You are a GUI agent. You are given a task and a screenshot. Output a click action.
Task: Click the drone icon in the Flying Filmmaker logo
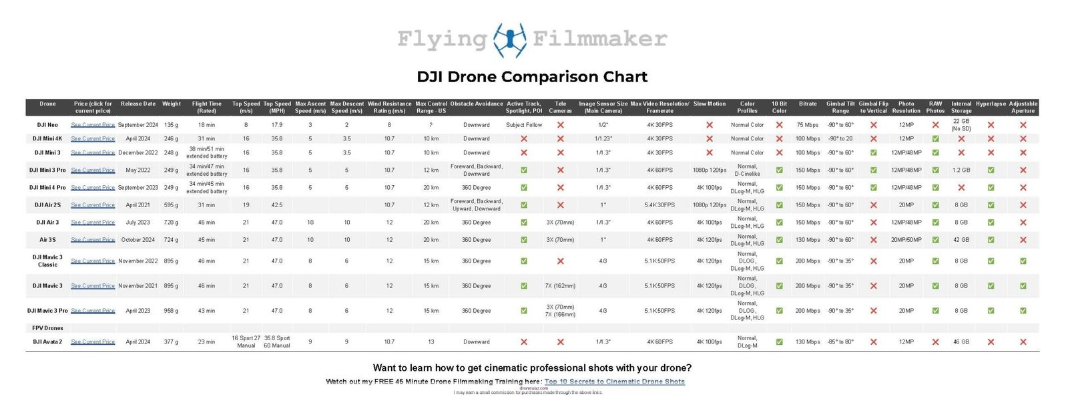pyautogui.click(x=509, y=39)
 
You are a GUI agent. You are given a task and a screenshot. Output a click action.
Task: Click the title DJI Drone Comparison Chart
pyautogui.click(x=532, y=77)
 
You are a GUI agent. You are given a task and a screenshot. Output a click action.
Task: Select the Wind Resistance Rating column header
pyautogui.click(x=389, y=107)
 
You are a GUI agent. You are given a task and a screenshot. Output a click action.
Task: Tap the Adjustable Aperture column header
pyautogui.click(x=1023, y=107)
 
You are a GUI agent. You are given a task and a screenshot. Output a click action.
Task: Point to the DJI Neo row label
pyautogui.click(x=47, y=125)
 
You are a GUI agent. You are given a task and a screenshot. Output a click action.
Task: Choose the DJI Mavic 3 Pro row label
pyautogui.click(x=47, y=311)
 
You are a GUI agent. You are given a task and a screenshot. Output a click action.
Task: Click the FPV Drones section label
pyautogui.click(x=47, y=328)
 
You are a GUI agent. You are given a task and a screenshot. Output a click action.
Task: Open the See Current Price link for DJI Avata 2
pyautogui.click(x=93, y=341)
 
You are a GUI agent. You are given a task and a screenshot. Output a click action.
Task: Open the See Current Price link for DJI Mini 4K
pyautogui.click(x=93, y=139)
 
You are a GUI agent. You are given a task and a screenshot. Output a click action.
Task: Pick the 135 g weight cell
pyautogui.click(x=172, y=125)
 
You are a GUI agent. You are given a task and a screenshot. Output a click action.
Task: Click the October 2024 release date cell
pyautogui.click(x=138, y=240)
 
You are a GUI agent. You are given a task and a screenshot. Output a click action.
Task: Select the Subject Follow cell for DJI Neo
pyautogui.click(x=524, y=125)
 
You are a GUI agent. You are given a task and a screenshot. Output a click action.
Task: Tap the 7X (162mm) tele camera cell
pyautogui.click(x=560, y=286)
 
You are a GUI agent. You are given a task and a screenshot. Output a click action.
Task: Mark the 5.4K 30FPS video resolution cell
pyautogui.click(x=659, y=205)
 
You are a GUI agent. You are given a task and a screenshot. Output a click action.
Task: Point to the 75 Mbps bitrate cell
pyautogui.click(x=807, y=125)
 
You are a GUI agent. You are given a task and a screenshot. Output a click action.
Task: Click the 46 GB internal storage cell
pyautogui.click(x=961, y=341)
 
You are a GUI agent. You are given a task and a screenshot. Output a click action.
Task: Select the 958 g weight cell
pyautogui.click(x=172, y=311)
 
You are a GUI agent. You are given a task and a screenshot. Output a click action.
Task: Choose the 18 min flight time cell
pyautogui.click(x=206, y=125)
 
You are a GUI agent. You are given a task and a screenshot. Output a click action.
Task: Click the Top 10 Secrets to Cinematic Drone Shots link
pyautogui.click(x=614, y=382)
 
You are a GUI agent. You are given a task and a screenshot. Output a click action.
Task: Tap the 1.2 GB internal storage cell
pyautogui.click(x=961, y=170)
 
